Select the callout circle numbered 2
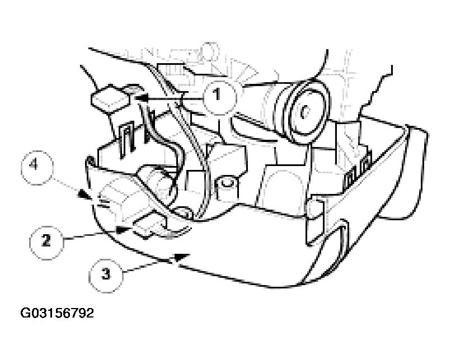click(46, 240)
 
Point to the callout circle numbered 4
click(37, 167)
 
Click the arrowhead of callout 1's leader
click(140, 98)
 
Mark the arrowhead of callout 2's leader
click(123, 229)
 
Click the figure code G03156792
click(57, 312)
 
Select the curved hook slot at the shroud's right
click(340, 239)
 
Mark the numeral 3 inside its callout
click(106, 274)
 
